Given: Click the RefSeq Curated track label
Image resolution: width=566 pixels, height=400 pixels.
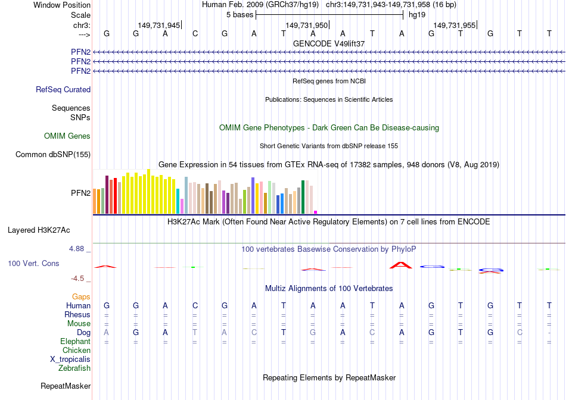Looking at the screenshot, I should tap(63, 90).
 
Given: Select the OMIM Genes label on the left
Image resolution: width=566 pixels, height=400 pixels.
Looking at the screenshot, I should tap(67, 136).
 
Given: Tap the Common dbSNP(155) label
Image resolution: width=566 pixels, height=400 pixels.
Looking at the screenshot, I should tap(53, 155).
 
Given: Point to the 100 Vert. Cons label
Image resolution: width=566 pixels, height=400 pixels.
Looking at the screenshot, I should tap(33, 263).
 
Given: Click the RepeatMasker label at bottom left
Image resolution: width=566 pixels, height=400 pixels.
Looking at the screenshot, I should tap(66, 386).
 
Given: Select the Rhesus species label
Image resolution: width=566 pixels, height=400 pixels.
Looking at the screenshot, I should tap(77, 315).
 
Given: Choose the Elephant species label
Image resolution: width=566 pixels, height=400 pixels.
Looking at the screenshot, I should tap(75, 342).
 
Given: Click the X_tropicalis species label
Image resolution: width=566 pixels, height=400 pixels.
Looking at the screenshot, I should tap(70, 360).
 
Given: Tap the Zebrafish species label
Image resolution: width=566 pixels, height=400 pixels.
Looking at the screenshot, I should tap(74, 368).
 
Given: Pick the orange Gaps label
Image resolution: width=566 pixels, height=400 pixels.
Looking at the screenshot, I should tap(81, 296).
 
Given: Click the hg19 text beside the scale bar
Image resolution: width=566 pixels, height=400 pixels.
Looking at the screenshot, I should tap(416, 15).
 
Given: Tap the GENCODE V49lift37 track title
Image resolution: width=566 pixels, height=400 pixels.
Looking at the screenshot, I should tap(329, 44).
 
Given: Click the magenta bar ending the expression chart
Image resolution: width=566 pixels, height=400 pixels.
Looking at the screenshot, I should tap(316, 211).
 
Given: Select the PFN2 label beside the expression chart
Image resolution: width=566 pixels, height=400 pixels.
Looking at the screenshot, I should tap(80, 193).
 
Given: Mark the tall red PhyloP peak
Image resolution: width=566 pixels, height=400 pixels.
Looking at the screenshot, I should tap(401, 264).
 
